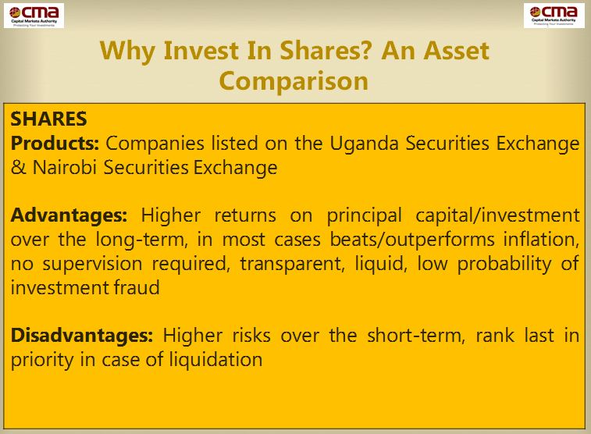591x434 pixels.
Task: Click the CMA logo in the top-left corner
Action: (34, 16)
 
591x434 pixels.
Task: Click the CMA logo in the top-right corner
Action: (554, 16)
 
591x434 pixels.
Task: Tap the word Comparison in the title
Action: (294, 81)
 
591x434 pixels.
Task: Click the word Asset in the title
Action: (456, 51)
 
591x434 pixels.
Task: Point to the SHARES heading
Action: (49, 119)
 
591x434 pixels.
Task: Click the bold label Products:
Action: (55, 143)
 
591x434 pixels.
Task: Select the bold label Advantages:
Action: (69, 216)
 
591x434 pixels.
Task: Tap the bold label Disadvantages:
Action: (82, 336)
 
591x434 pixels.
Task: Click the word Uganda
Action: (364, 144)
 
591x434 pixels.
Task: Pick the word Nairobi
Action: (65, 167)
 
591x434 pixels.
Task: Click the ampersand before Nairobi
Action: (19, 168)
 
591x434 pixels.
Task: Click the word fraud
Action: (136, 287)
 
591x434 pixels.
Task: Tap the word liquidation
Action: (215, 359)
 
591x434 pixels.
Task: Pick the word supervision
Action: (92, 264)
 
